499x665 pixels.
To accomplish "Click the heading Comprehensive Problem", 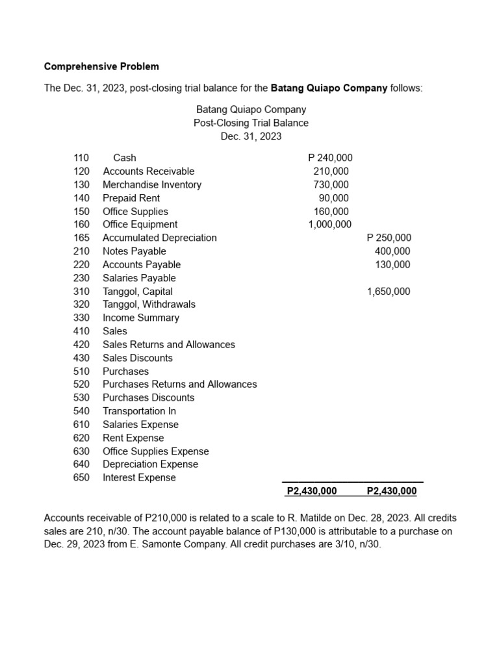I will (x=101, y=66).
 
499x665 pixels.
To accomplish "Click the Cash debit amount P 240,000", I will (x=330, y=158).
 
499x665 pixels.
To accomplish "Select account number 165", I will (x=81, y=238).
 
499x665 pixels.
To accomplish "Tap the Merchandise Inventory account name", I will (x=152, y=184).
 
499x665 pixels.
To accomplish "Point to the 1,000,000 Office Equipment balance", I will (x=329, y=225).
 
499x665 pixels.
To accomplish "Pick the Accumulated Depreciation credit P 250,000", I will (x=389, y=238).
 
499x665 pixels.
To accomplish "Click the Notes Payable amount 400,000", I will (x=392, y=251).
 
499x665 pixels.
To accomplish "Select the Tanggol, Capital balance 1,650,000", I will (x=389, y=292).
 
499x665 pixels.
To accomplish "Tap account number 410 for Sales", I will (x=81, y=331).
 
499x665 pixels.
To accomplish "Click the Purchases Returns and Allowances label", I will (x=180, y=384).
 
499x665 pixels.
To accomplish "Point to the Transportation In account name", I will (x=139, y=411).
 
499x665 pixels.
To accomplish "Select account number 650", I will (x=81, y=478).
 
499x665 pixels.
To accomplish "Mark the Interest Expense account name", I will (x=139, y=478).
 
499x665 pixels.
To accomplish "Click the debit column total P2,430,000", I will (x=312, y=492).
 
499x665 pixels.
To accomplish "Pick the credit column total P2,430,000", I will (x=392, y=492).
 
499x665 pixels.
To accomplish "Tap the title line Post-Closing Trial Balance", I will (x=251, y=123).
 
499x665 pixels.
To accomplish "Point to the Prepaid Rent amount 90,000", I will (x=333, y=198).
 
